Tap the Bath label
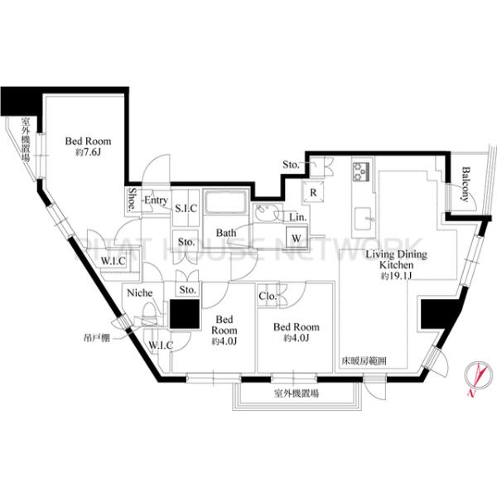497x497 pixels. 226,234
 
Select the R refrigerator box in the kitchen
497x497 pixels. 316,193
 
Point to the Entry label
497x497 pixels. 156,200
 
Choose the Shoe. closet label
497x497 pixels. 133,198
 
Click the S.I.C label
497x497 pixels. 185,208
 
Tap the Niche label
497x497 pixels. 138,292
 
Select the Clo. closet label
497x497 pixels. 268,296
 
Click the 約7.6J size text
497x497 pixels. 87,152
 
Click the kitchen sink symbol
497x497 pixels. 364,220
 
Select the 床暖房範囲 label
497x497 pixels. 364,360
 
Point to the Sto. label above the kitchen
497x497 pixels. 291,165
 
